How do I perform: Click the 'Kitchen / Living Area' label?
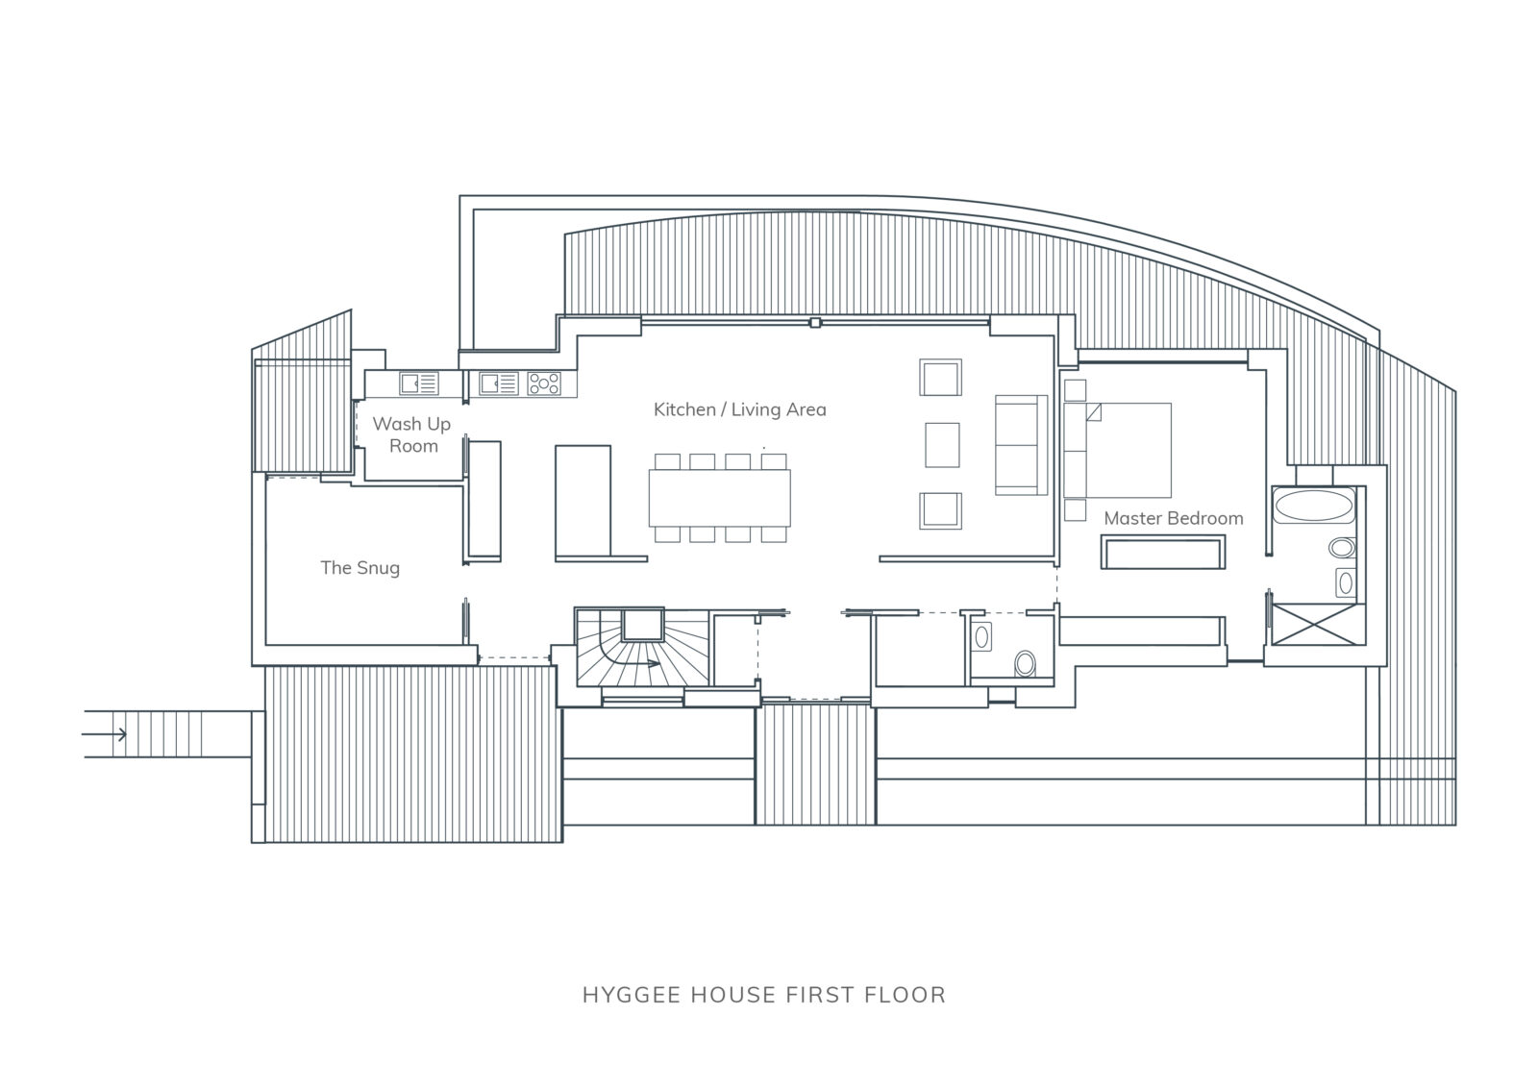[x=739, y=409]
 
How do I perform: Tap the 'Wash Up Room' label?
[x=412, y=434]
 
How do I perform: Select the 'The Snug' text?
[x=360, y=568]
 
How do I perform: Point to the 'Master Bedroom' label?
[x=1174, y=518]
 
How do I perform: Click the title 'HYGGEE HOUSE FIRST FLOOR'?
[x=764, y=995]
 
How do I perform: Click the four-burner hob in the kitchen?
[x=544, y=383]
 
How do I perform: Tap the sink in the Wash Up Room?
[x=419, y=383]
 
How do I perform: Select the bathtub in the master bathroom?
[x=1313, y=506]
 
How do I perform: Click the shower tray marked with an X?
[x=1315, y=624]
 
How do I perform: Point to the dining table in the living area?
[x=720, y=498]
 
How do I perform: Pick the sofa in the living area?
[x=1021, y=445]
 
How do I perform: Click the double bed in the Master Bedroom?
[x=1117, y=451]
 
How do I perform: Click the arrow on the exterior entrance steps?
[x=105, y=734]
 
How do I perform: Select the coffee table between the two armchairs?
[x=942, y=445]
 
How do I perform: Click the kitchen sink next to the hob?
[x=499, y=383]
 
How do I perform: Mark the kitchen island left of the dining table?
[x=583, y=501]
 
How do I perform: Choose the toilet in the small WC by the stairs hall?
[x=1025, y=663]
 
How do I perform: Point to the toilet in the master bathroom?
[x=1342, y=548]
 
